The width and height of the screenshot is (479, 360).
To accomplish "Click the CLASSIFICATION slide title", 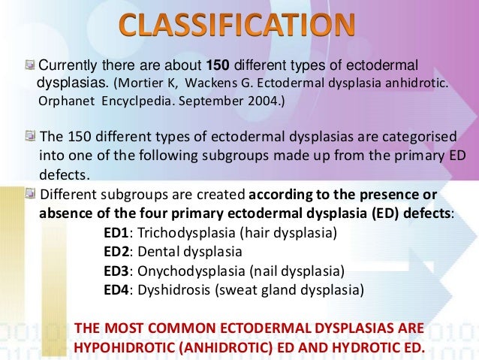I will coord(236,28).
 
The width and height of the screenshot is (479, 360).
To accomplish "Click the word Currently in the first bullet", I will coord(65,64).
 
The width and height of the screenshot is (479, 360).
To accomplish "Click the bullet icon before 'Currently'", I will coord(31,63).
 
